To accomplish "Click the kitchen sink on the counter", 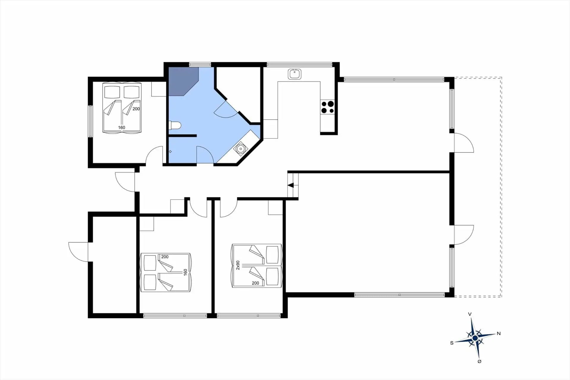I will pos(294,74).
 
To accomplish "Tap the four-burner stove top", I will pos(327,107).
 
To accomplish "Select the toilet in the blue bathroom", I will pos(175,126).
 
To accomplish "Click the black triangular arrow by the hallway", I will pos(291,185).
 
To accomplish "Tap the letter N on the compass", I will pos(499,333).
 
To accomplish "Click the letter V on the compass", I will pos(470,314).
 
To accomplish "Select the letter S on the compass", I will pos(452,343).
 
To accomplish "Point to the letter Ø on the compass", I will pos(479,361).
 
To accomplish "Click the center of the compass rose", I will pos(475,338).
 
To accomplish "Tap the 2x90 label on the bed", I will pos(238,265).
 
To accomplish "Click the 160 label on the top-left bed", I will pos(121,127).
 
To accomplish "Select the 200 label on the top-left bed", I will pos(136,109).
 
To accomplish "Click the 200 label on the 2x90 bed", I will pos(255,283).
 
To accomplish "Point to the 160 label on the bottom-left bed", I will pos(186,272).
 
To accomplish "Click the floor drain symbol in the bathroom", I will pos(170,152).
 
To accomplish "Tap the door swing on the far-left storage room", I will pos(78,252).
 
